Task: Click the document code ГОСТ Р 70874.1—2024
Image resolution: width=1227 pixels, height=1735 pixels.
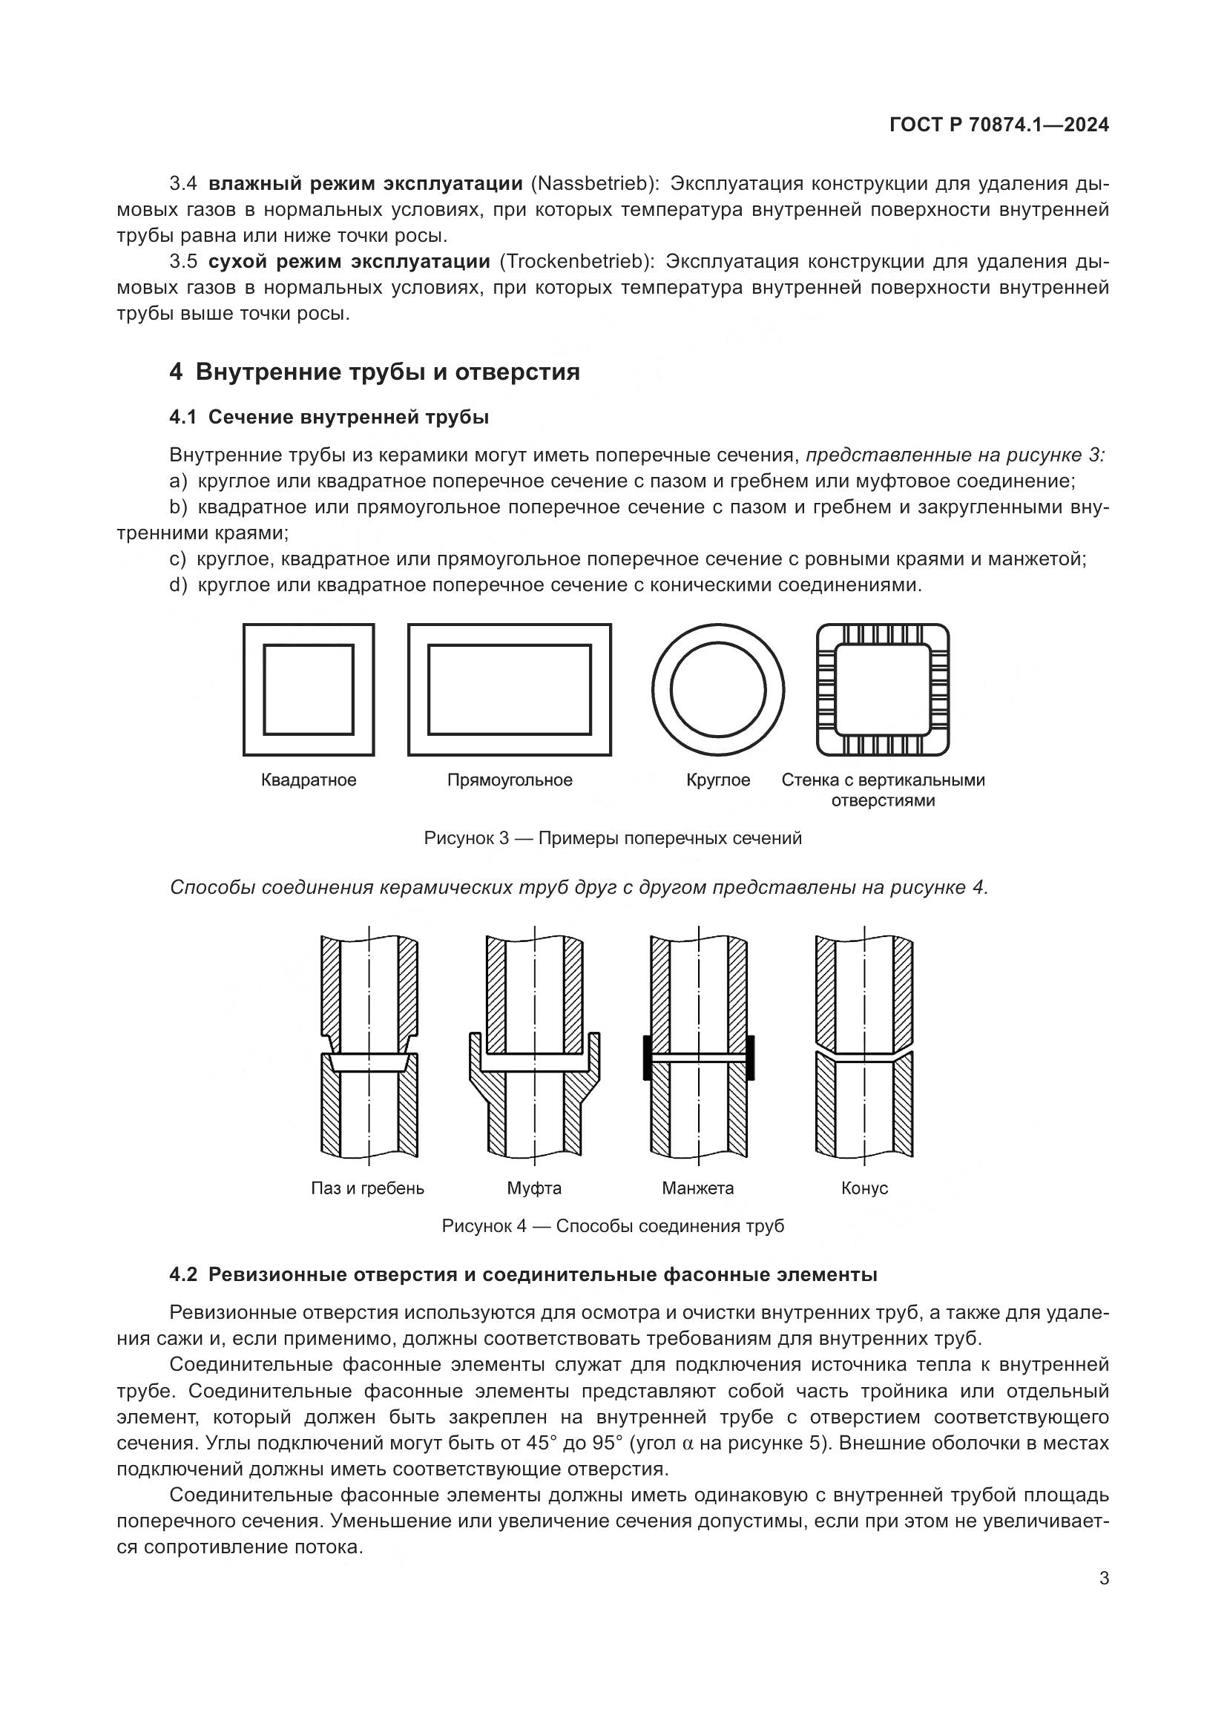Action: [x=999, y=125]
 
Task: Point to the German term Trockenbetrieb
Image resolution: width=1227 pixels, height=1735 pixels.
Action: [x=576, y=261]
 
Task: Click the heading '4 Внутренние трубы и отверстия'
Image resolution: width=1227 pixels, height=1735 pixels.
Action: [x=375, y=372]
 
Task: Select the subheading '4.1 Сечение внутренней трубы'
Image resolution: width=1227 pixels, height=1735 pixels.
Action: [x=329, y=417]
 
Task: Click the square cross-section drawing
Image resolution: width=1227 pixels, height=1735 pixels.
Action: [x=309, y=689]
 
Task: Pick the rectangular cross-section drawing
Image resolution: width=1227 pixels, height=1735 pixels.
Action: [x=509, y=689]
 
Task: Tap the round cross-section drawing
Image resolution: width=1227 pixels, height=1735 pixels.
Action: [x=718, y=689]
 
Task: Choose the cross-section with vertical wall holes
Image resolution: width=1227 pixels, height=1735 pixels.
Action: [x=883, y=689]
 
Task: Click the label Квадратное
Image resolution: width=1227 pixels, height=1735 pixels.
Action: [x=309, y=780]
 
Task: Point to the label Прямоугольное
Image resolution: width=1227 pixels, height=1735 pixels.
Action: [x=509, y=780]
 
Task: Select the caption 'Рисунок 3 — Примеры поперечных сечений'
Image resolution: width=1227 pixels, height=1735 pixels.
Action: [x=613, y=838]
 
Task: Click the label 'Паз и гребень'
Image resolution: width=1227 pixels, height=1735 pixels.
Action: [x=367, y=1188]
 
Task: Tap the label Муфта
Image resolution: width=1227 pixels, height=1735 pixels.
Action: [x=534, y=1188]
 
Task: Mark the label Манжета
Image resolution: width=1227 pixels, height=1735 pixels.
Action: [x=697, y=1188]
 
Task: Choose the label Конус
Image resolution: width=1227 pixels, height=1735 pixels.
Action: [x=864, y=1188]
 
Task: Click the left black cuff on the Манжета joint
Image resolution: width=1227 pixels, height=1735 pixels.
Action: [x=648, y=1057]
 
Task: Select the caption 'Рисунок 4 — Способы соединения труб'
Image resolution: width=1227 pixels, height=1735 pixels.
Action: [x=613, y=1225]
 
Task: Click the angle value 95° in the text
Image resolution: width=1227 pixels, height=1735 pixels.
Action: [x=607, y=1443]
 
